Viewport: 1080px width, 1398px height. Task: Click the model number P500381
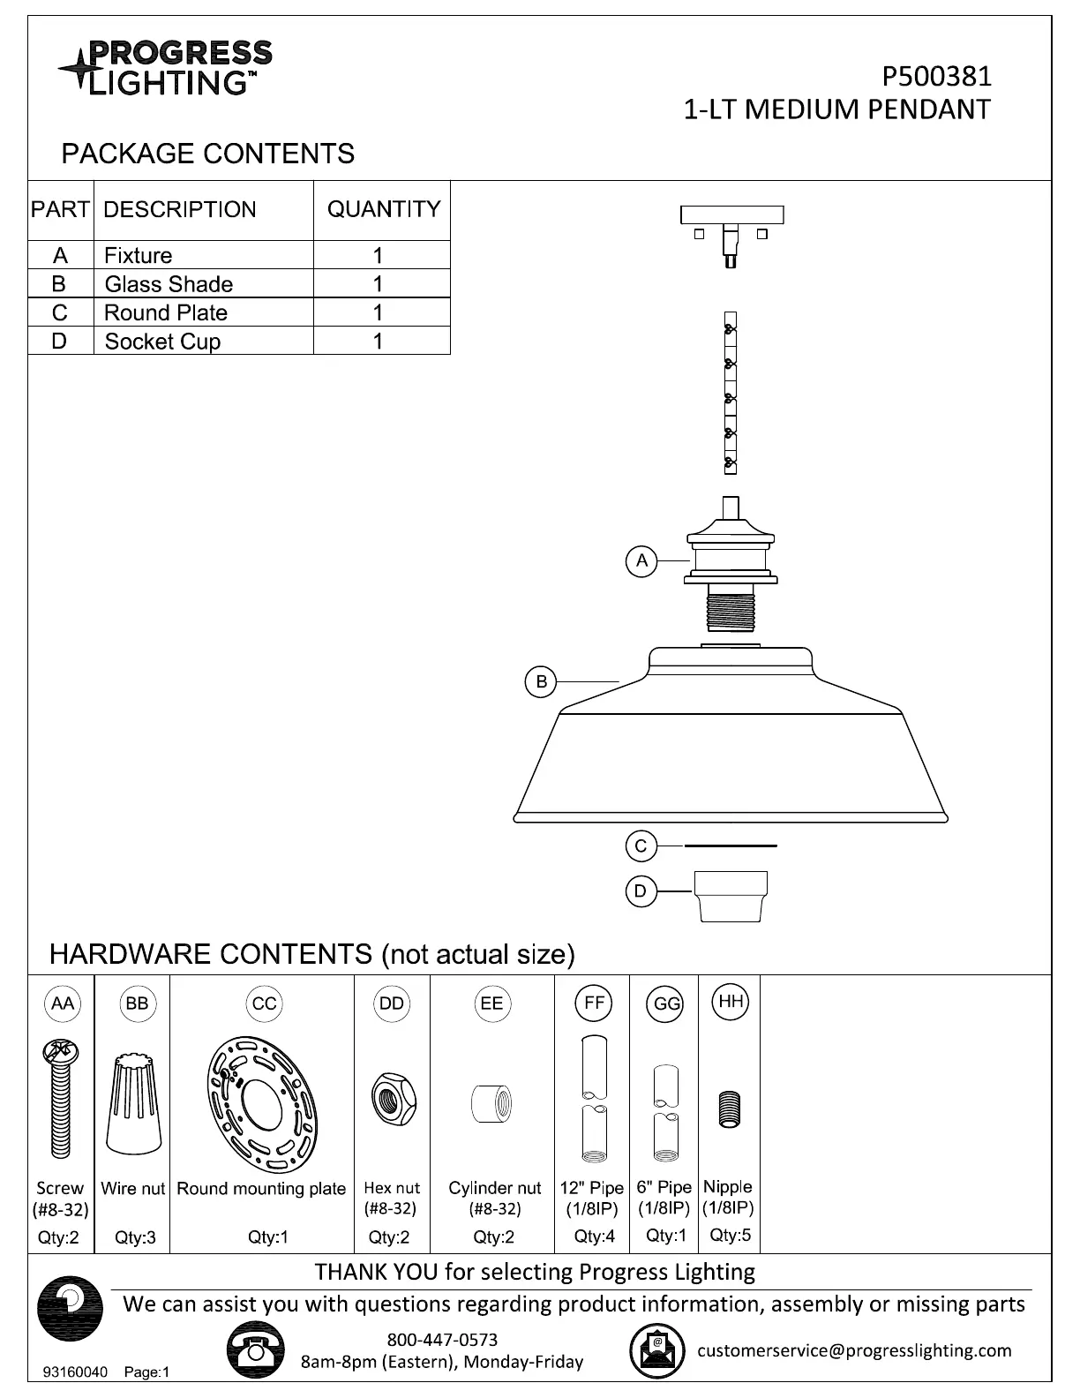click(936, 77)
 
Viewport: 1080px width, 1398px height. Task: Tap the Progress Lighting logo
click(166, 67)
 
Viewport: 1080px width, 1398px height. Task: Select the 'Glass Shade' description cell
click(169, 284)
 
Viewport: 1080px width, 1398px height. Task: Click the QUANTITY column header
click(383, 209)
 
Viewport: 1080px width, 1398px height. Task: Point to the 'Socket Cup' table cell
click(162, 342)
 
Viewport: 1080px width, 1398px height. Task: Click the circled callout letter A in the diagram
click(641, 560)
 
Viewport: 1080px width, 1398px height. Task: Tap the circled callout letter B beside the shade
click(541, 681)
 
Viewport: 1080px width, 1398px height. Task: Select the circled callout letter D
click(641, 891)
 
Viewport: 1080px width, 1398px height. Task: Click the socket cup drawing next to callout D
click(731, 896)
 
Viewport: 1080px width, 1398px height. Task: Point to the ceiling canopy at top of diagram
click(731, 215)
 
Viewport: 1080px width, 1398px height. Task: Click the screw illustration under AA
click(60, 1099)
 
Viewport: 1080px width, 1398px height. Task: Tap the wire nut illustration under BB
click(134, 1103)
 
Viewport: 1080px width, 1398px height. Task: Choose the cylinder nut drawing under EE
click(491, 1103)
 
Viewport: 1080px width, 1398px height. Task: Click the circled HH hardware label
click(730, 1002)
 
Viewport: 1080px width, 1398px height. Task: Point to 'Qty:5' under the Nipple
click(730, 1236)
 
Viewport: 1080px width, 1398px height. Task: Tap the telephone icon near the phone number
click(255, 1350)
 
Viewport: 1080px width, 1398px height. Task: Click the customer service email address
click(854, 1350)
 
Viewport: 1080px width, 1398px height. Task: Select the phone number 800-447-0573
click(442, 1340)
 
